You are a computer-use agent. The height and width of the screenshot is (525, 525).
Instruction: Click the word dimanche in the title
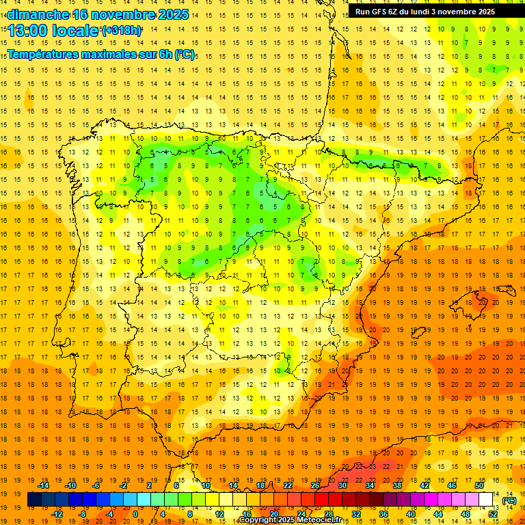38,14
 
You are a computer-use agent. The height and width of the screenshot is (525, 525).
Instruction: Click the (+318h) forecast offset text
122,31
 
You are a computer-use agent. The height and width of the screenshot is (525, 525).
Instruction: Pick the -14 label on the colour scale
44,485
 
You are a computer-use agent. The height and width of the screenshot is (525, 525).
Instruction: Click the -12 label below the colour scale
57,514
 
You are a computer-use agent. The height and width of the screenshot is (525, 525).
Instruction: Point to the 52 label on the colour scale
493,514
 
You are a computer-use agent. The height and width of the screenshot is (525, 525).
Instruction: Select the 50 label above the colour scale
479,485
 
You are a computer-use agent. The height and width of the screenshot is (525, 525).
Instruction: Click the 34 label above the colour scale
370,485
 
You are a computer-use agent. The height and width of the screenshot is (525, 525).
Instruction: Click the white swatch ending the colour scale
486,500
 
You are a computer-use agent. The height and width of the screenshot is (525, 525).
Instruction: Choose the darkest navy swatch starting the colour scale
34,500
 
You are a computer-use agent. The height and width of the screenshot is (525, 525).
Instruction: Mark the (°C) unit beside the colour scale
509,500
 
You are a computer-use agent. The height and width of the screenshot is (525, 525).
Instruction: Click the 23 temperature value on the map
373,466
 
